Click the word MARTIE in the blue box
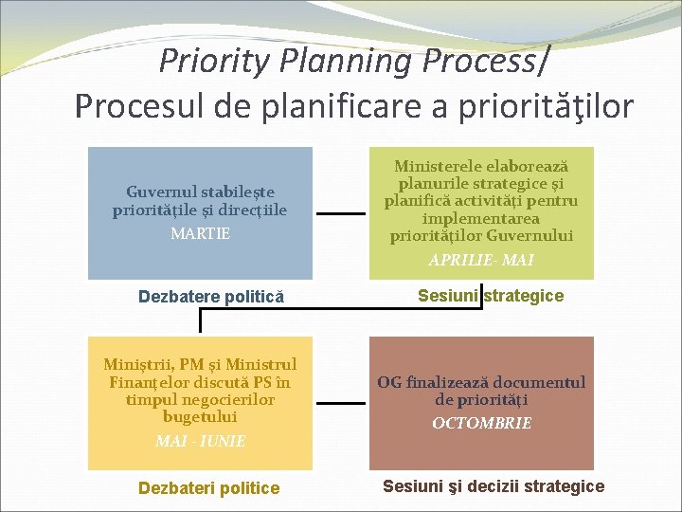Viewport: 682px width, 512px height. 201,233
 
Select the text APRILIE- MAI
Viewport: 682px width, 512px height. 481,260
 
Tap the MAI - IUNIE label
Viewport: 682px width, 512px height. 201,441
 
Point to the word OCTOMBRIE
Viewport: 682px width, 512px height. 481,423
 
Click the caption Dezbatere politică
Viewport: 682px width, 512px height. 211,297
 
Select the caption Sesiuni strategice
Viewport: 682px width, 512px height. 491,296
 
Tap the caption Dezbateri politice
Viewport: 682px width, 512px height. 208,488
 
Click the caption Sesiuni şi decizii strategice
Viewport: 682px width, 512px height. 494,485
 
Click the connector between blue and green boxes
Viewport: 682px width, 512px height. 341,213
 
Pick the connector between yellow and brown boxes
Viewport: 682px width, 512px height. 341,403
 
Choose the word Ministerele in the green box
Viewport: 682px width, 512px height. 438,166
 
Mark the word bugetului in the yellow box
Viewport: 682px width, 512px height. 200,416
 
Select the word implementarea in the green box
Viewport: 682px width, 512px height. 481,218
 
